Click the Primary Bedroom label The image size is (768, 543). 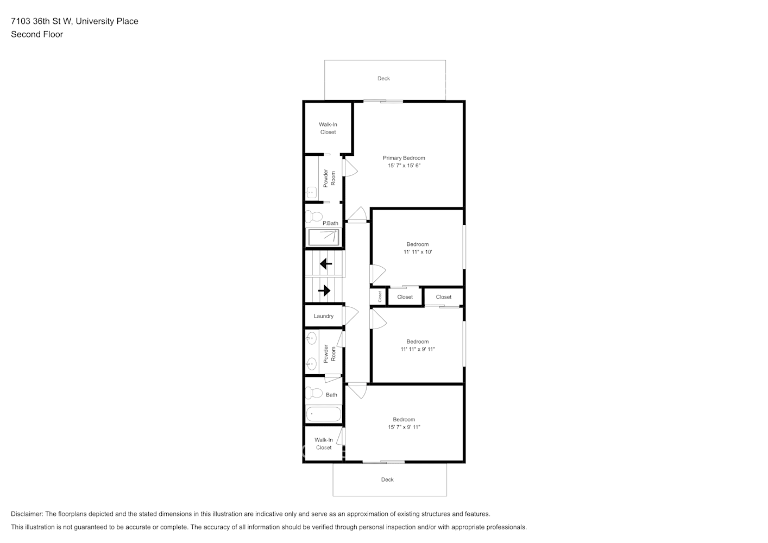point(404,158)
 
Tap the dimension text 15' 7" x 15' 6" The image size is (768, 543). point(404,166)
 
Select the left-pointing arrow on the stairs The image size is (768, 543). point(326,264)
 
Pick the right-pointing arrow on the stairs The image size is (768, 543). point(324,291)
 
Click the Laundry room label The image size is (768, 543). point(323,316)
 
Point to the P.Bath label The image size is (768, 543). point(330,223)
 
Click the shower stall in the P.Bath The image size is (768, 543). point(324,237)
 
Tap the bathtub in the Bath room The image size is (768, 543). point(324,414)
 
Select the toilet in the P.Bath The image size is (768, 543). point(313,217)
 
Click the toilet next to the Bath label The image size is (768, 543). point(313,393)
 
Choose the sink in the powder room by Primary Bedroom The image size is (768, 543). point(311,192)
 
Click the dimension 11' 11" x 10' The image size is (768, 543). point(417,252)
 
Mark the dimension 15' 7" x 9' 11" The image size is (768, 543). point(404,427)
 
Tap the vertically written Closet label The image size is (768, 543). point(380,296)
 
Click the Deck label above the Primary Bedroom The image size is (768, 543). point(383,79)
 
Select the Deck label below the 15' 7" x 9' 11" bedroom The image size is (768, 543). point(387,479)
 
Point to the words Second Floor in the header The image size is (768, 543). point(37,34)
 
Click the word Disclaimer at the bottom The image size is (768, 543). point(27,514)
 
